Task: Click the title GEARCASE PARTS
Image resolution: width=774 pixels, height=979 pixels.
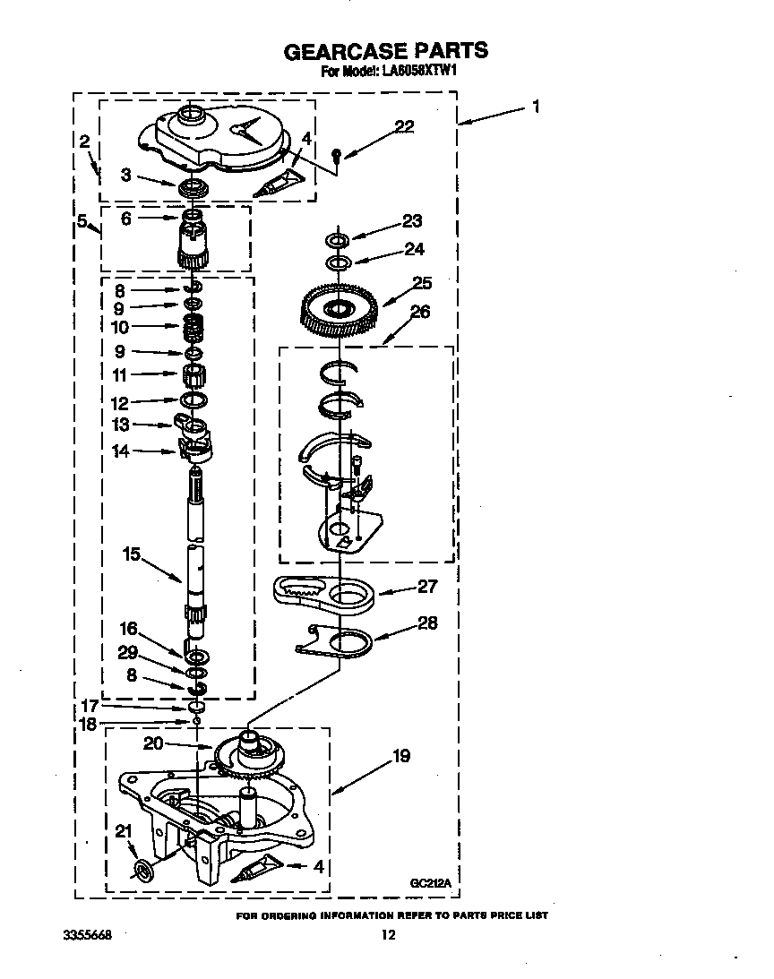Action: (x=386, y=51)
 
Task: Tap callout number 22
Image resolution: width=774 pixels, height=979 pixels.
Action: (x=404, y=126)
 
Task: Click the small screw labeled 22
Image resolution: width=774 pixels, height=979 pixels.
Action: (x=335, y=155)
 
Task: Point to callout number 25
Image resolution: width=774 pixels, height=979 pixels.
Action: (x=420, y=282)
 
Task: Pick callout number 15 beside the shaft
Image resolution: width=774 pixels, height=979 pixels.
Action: (x=131, y=554)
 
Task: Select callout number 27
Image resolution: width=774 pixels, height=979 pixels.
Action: (x=426, y=586)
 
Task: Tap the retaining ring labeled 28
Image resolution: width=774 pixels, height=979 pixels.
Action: (x=345, y=642)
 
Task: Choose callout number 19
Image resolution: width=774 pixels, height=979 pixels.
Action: (x=400, y=756)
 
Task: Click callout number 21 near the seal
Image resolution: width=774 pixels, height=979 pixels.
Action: (x=123, y=830)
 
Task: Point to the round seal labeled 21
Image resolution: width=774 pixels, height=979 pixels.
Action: (x=142, y=868)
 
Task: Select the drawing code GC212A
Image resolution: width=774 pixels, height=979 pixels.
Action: (x=430, y=883)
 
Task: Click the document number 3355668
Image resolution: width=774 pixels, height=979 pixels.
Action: (x=88, y=936)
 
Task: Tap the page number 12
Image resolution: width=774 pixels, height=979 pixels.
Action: (x=387, y=936)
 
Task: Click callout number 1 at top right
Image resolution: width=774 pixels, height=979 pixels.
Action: (x=535, y=107)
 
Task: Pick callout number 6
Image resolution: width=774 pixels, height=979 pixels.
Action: (x=126, y=218)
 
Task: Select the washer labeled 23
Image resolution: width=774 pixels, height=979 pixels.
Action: (x=336, y=240)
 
